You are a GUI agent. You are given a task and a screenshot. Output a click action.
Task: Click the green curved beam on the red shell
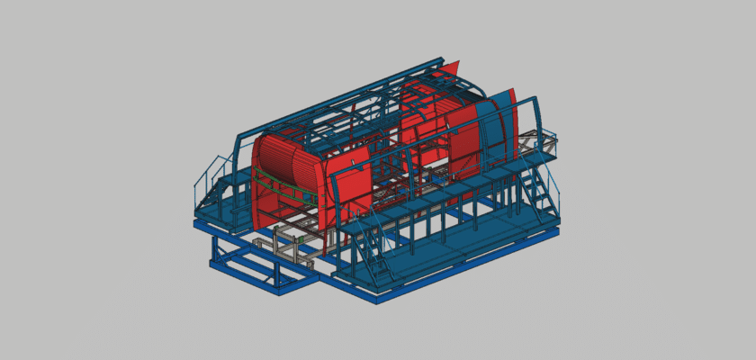pyautogui.click(x=286, y=185)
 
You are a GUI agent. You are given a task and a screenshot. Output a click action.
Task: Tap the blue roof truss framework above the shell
pyautogui.click(x=378, y=99)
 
